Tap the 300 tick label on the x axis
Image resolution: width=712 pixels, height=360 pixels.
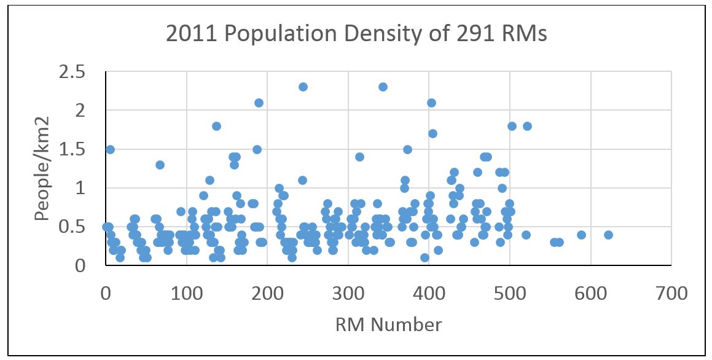tap(348, 293)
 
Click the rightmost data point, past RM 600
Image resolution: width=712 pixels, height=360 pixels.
tap(608, 235)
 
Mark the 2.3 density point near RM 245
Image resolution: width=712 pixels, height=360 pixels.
tap(303, 87)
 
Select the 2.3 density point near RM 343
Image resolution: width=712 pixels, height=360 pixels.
tap(383, 87)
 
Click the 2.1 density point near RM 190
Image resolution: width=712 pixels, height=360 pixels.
tap(259, 103)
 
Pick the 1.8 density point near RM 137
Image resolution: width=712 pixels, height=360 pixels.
tap(216, 126)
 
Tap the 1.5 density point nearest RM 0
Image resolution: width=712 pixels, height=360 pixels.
tap(110, 149)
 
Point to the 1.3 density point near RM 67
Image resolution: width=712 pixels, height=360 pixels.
tap(160, 165)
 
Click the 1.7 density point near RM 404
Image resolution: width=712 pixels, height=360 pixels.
tap(432, 133)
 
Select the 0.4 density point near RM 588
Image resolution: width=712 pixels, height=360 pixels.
tap(581, 235)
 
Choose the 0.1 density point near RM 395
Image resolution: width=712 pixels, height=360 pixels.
tap(424, 257)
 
